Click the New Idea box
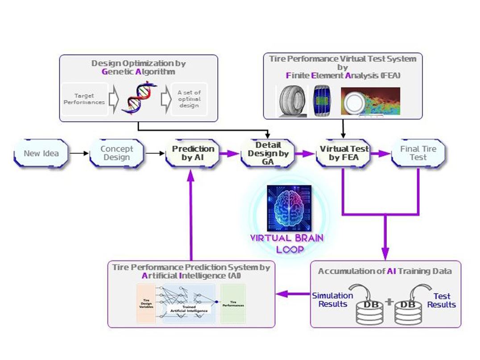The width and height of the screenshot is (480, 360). (41, 153)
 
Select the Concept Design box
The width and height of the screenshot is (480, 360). (117, 153)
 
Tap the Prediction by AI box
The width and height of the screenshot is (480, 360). (193, 153)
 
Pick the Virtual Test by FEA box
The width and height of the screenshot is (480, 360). (344, 153)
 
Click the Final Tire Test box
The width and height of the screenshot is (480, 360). (418, 153)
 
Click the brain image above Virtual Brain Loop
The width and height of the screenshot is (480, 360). (288, 207)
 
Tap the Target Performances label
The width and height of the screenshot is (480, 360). (84, 99)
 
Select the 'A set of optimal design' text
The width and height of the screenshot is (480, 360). (189, 99)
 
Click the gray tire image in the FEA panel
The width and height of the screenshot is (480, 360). (292, 102)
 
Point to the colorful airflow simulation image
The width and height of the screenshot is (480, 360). (370, 102)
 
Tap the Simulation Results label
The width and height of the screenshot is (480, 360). (332, 300)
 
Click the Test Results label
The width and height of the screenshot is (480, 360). (441, 300)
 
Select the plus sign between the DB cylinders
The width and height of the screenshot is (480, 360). (389, 302)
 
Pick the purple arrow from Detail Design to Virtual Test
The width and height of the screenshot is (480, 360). (306, 153)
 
